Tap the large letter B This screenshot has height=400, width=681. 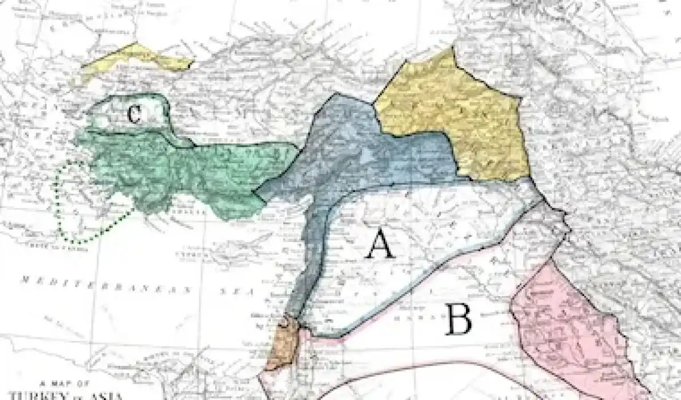[x=458, y=319]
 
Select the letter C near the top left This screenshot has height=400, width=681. [x=133, y=114]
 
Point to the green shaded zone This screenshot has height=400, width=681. [x=170, y=170]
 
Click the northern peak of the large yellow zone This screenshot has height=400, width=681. [x=452, y=50]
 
